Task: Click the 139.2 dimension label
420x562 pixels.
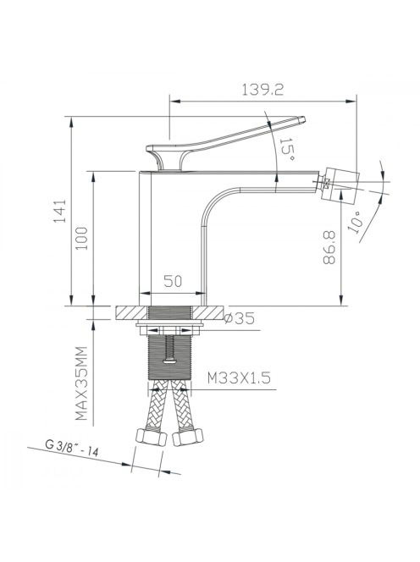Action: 262,90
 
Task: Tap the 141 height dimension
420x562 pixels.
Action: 60,211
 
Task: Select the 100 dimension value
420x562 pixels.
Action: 82,239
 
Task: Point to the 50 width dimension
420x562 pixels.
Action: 173,281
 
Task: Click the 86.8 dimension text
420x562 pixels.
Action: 329,247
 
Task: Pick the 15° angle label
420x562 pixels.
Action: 287,149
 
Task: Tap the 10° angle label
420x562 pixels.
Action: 356,223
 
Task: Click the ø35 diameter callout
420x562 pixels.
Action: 239,318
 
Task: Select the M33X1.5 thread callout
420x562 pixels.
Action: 239,377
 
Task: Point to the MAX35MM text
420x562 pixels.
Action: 81,383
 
